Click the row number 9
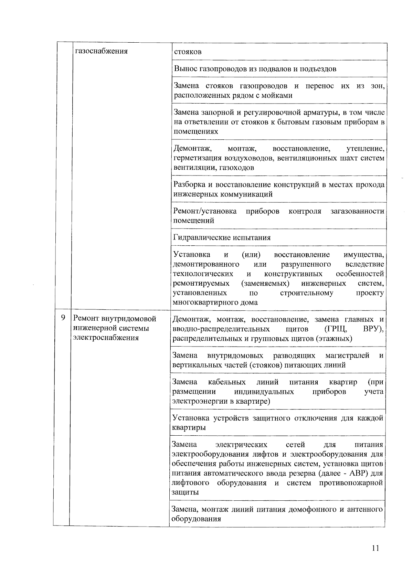(63, 318)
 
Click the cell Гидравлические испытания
(222, 238)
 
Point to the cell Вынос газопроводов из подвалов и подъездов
(255, 69)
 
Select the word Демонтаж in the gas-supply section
(192, 149)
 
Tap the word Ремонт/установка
(205, 211)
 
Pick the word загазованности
(357, 211)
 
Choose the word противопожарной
(351, 483)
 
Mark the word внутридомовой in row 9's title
(132, 319)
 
